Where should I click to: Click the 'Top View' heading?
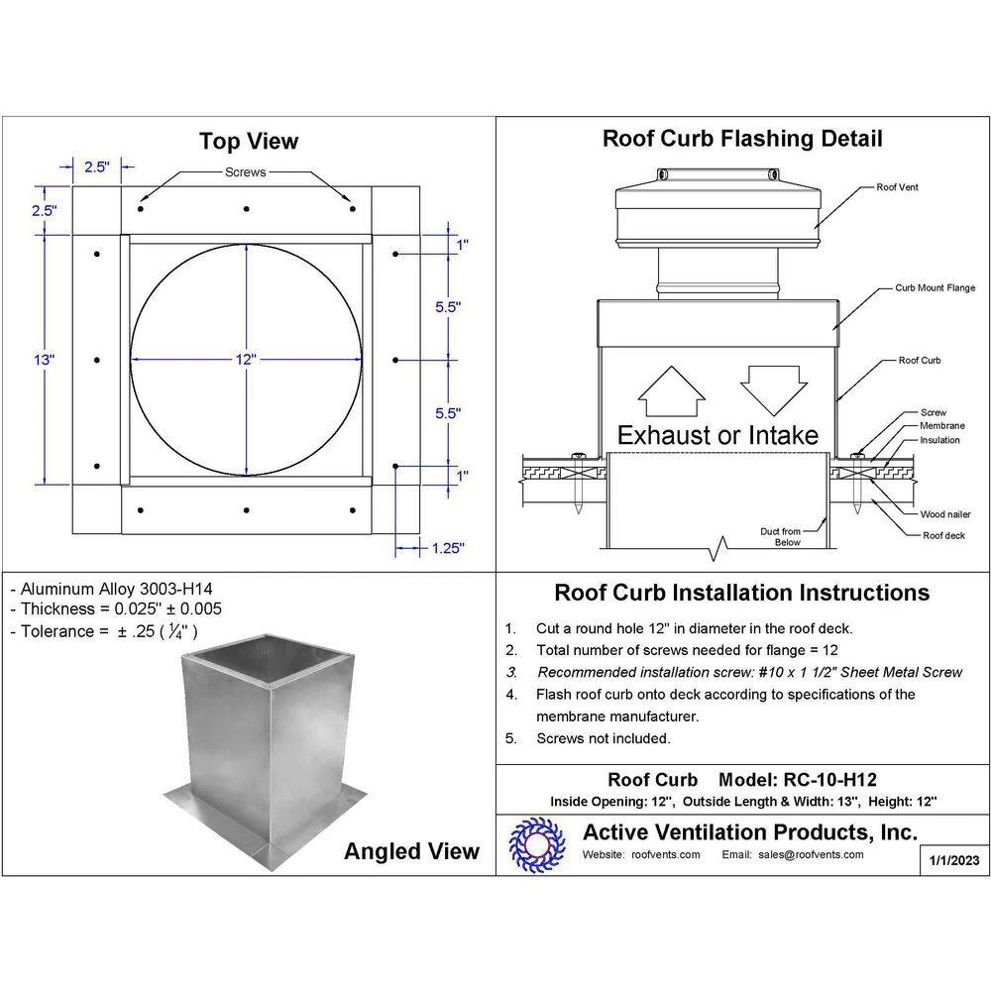(248, 141)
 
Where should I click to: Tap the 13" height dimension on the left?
(45, 360)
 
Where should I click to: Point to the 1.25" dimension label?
(448, 546)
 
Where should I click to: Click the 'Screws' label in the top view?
(245, 172)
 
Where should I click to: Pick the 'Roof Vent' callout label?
(897, 186)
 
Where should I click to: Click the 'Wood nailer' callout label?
(943, 514)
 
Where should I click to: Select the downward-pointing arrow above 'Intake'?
(772, 387)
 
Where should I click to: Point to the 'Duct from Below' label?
(780, 537)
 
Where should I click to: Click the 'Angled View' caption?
(411, 850)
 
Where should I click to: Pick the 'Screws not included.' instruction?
(603, 738)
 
